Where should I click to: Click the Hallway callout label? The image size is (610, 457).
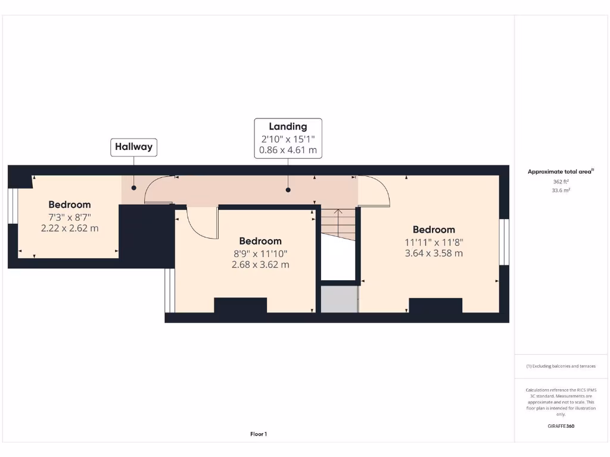134,146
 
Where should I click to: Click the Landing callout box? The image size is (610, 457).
288,138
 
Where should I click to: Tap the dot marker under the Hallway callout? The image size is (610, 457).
133,188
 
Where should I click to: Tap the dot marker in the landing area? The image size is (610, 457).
288,190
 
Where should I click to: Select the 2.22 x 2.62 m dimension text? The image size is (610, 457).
70,228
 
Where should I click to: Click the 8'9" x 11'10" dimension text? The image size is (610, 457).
260,253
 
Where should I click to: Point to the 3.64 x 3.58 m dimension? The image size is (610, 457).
434,253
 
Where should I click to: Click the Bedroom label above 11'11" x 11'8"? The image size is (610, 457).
434,230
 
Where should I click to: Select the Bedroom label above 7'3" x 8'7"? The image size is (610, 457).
70,205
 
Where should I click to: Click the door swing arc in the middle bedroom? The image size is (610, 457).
201,223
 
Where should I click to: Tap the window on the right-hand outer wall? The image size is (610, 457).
504,242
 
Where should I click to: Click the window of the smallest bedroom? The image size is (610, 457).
12,206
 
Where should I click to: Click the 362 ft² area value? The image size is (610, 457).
561,182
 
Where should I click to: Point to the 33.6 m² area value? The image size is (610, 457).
561,190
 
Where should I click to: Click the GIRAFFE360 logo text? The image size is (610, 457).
561,426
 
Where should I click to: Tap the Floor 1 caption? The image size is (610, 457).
259,434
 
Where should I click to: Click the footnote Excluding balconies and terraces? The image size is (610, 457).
561,367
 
